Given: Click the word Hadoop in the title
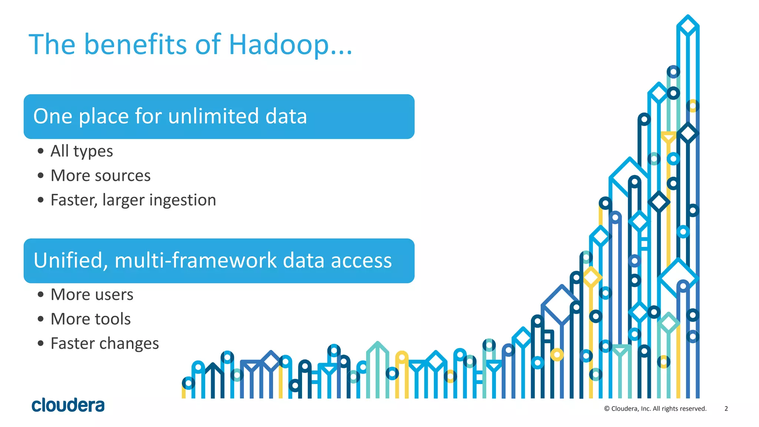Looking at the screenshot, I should click(x=279, y=45).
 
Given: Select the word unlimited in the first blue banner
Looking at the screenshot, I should click(x=213, y=116).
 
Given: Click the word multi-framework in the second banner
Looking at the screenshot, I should click(x=195, y=261).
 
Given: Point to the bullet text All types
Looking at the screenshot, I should click(x=82, y=151).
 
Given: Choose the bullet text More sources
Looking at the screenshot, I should click(x=100, y=176).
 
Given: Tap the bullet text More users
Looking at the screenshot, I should click(x=92, y=295).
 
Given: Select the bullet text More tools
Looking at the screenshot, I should click(x=90, y=319).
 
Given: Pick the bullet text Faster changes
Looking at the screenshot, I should click(x=105, y=344).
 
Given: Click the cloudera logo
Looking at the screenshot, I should click(x=68, y=405).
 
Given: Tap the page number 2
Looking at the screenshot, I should click(x=726, y=408).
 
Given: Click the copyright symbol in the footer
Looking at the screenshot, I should click(x=607, y=408).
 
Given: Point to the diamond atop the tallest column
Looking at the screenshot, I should click(x=688, y=26).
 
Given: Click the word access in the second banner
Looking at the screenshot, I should click(x=361, y=261).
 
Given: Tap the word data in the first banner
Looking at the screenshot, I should click(x=286, y=116).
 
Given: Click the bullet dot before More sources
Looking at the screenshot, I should click(x=41, y=176).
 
